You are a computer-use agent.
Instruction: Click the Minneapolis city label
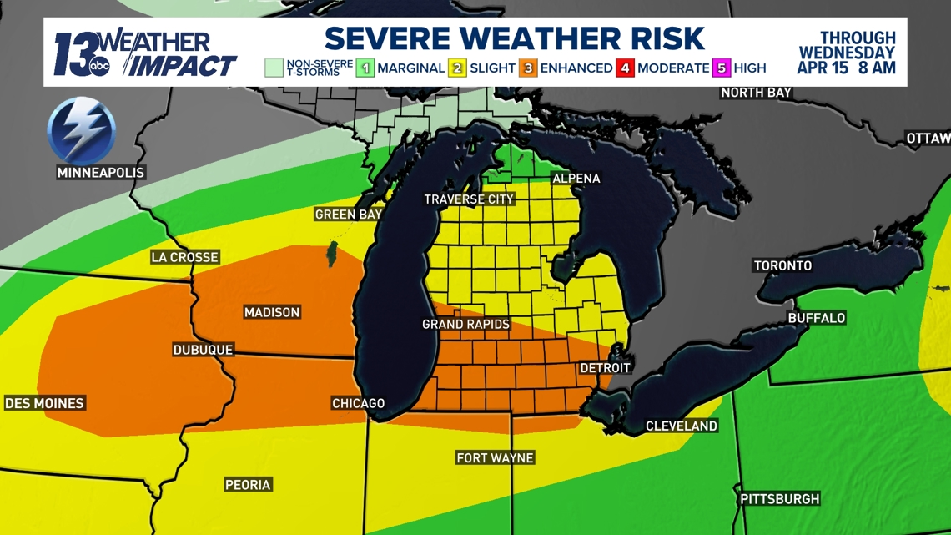[x=101, y=173]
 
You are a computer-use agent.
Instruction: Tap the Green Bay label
[x=349, y=215]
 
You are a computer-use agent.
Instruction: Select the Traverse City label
[x=469, y=199]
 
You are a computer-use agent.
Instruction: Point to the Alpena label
[x=576, y=179]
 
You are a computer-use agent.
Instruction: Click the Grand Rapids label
[x=465, y=324]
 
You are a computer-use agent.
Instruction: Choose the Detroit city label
[x=605, y=368]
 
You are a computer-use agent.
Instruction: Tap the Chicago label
[x=359, y=403]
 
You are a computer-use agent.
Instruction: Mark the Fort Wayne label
[x=495, y=457]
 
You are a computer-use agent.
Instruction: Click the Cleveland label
[x=682, y=426]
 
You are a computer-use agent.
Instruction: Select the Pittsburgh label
[x=780, y=499]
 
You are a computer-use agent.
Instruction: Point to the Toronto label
[x=782, y=265]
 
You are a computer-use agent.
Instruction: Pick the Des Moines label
[x=44, y=403]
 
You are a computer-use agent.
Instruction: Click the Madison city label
[x=271, y=312]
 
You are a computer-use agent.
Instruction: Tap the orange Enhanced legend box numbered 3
[x=528, y=68]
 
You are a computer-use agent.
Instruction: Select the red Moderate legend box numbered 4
[x=626, y=68]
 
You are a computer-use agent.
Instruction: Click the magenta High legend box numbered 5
[x=722, y=68]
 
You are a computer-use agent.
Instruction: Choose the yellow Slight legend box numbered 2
[x=457, y=68]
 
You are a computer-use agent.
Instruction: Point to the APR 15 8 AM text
[x=846, y=68]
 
